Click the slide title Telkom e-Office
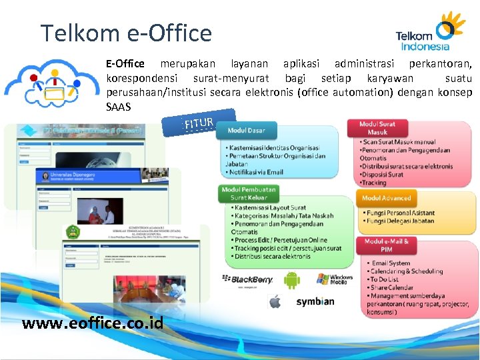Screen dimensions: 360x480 click(126, 33)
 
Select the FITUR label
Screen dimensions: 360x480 click(199, 123)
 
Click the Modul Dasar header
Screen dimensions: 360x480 click(246, 131)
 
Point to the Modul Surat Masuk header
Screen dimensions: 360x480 click(377, 128)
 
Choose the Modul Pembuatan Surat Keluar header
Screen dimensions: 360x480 click(249, 193)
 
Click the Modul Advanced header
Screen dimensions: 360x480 click(387, 198)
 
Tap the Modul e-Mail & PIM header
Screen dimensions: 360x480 click(387, 245)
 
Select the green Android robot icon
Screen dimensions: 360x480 click(292, 280)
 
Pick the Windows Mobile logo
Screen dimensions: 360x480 click(335, 279)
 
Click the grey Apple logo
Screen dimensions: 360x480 click(275, 302)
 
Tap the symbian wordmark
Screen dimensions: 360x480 click(315, 301)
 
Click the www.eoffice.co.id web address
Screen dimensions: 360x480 click(93, 323)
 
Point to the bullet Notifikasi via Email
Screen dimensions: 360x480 click(256, 172)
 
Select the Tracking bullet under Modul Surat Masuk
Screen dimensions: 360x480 click(374, 183)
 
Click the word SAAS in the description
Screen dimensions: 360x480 click(118, 107)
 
